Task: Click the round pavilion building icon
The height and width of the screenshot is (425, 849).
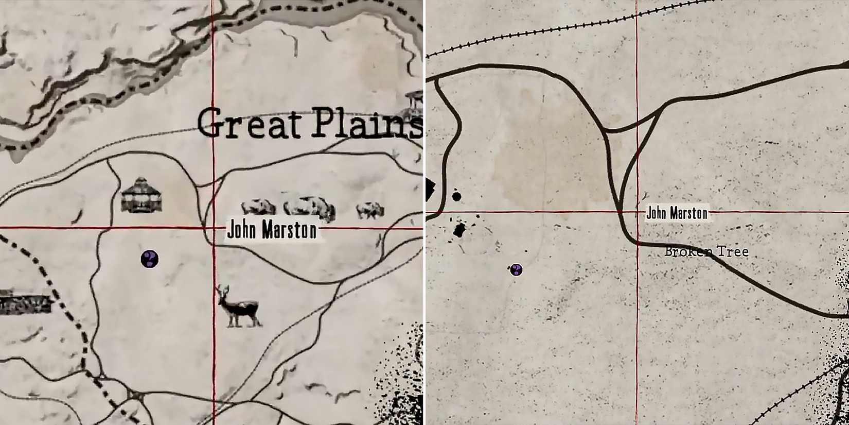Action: [141, 195]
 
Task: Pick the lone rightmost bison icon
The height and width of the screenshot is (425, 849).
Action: [370, 210]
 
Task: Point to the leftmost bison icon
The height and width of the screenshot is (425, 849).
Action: [259, 207]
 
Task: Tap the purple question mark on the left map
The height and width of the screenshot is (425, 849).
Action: [150, 259]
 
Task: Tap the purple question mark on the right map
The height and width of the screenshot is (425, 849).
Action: [516, 269]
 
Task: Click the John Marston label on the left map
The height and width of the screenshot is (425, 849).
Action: [272, 230]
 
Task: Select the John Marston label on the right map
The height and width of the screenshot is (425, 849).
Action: [677, 213]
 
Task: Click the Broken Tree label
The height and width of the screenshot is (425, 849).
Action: [706, 252]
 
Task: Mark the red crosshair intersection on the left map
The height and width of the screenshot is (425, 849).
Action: [214, 227]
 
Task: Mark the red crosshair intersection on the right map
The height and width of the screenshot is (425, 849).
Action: [637, 211]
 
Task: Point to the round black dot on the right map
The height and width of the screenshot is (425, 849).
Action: [456, 196]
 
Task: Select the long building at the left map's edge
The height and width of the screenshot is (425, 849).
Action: [26, 302]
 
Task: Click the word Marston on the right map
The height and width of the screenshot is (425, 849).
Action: [688, 213]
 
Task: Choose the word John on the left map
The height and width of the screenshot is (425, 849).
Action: [242, 230]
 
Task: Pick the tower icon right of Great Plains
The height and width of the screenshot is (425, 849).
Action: [415, 103]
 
